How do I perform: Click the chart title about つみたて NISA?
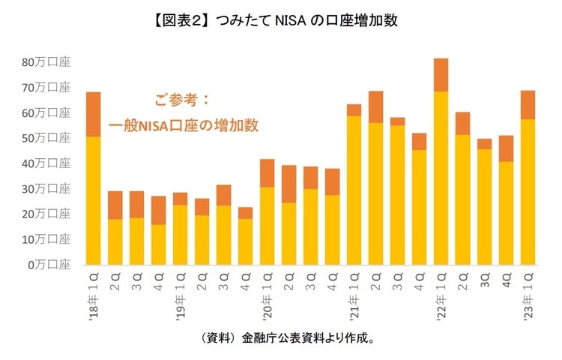point(281,20)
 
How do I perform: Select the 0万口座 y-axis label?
point(48,265)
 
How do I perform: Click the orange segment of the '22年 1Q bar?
point(441,75)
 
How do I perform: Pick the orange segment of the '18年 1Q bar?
point(93,114)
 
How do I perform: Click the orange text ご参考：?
point(184,100)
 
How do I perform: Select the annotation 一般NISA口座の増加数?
point(184,124)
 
